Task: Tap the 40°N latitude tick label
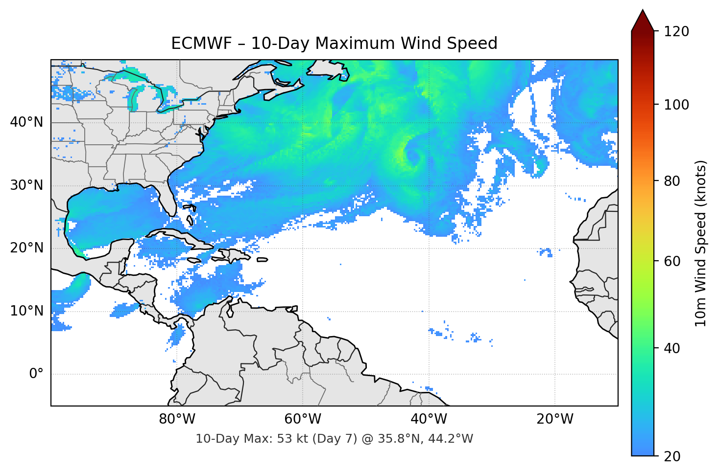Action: (x=26, y=122)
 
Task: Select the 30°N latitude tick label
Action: (x=26, y=185)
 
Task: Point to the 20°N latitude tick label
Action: (x=26, y=248)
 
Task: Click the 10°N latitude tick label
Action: (x=26, y=311)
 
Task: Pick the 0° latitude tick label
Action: (x=36, y=374)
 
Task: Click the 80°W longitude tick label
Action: (x=177, y=419)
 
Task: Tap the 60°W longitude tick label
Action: (x=303, y=419)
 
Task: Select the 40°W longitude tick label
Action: (x=429, y=419)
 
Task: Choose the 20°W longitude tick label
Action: (x=554, y=419)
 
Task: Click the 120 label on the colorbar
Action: (x=676, y=31)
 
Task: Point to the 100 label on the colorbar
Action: (x=676, y=105)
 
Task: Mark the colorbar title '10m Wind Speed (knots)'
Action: (x=700, y=243)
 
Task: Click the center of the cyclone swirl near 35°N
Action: (x=413, y=157)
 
